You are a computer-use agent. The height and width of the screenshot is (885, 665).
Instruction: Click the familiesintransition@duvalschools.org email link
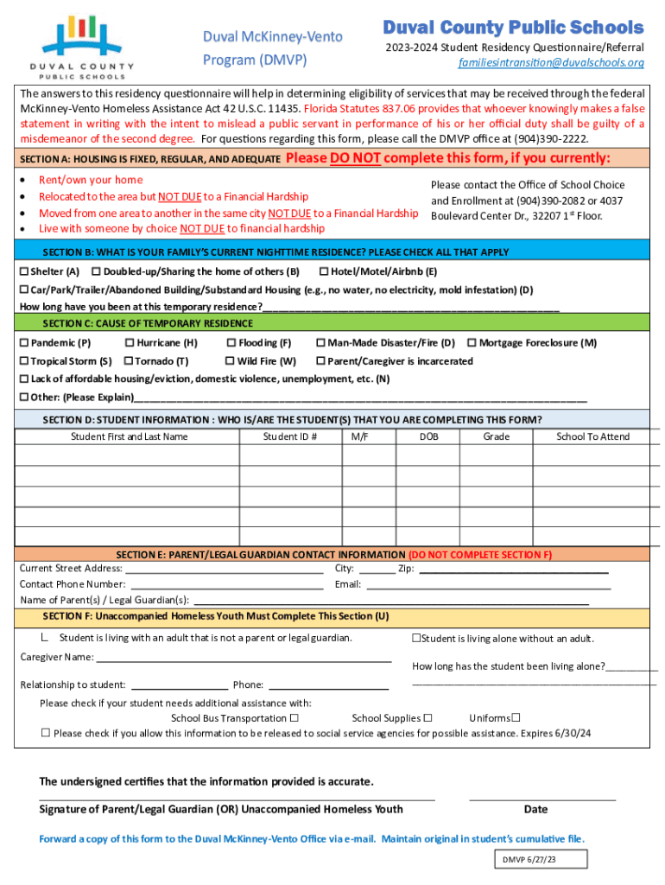(x=550, y=63)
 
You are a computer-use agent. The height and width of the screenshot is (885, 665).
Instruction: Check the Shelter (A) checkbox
(x=24, y=271)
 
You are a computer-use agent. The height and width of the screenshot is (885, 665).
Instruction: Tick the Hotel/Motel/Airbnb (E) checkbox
(x=324, y=271)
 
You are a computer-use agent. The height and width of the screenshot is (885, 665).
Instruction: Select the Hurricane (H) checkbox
(x=130, y=343)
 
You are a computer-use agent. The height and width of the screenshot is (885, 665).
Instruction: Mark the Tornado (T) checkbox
(x=130, y=361)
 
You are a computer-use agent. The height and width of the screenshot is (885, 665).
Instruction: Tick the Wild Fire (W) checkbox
(x=231, y=361)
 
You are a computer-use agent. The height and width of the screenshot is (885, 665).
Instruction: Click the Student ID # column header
(x=289, y=436)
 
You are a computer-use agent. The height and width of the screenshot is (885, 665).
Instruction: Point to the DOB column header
(x=428, y=436)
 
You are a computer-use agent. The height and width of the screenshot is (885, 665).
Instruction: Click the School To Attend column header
(x=592, y=436)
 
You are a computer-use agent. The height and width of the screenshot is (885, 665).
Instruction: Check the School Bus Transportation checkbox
(x=294, y=718)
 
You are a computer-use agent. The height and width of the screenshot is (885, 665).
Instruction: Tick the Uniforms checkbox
(x=516, y=717)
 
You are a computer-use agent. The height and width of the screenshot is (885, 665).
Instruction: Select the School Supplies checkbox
(x=427, y=718)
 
